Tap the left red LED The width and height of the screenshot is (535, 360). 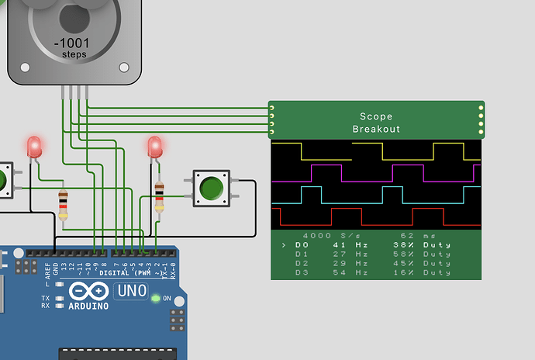pos(34,147)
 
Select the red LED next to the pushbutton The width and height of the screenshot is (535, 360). pos(154,147)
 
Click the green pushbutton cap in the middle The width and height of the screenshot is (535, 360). pos(211,189)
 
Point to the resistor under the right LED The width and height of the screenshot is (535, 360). pos(159,196)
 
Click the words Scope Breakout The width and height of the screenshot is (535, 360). pos(376,123)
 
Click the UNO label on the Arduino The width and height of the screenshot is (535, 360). pos(129,292)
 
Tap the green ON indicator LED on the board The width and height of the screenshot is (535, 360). pos(156,298)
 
